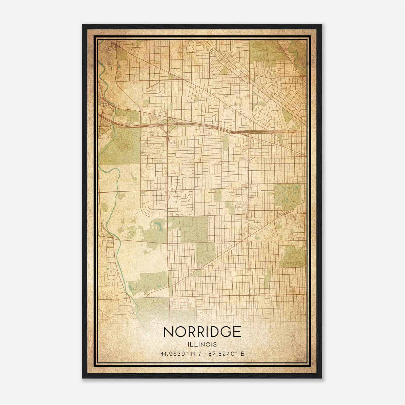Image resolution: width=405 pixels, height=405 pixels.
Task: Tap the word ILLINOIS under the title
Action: click(x=202, y=345)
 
